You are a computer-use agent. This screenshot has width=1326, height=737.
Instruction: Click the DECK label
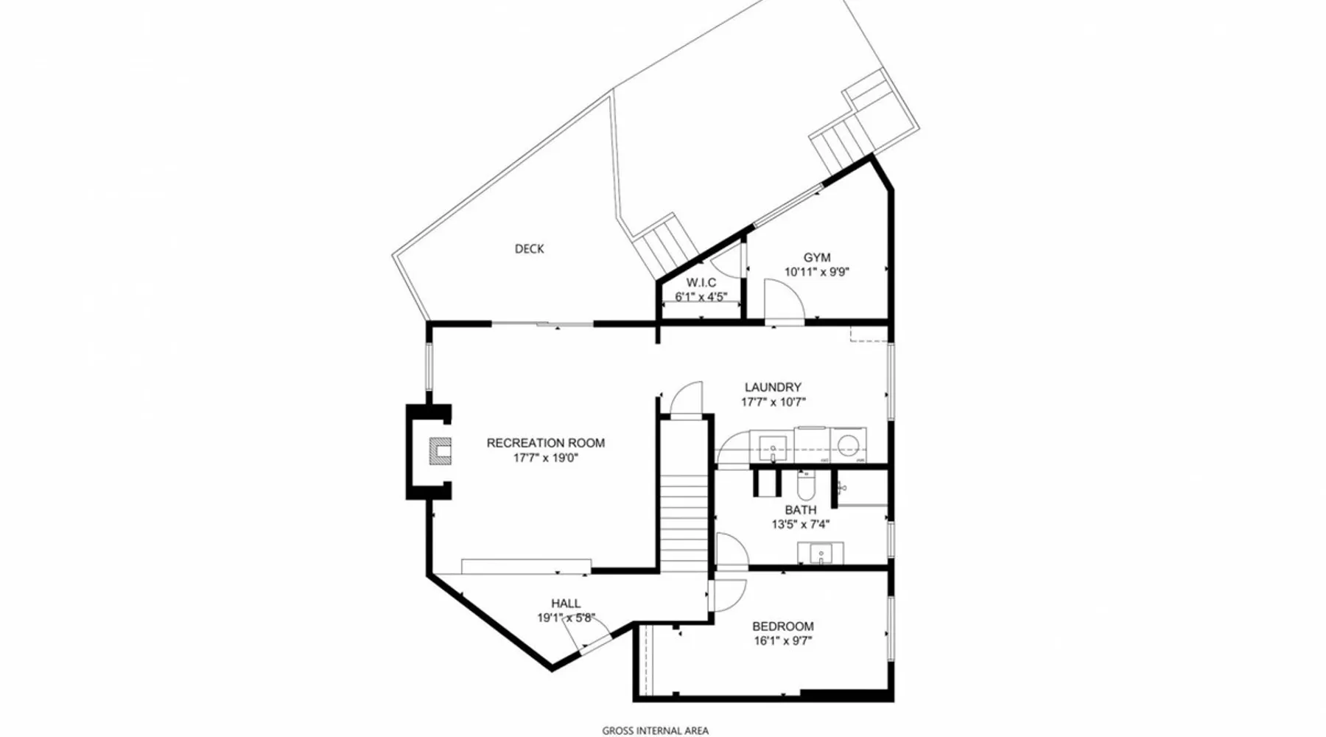click(x=529, y=249)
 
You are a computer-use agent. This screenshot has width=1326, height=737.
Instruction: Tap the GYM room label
click(x=817, y=257)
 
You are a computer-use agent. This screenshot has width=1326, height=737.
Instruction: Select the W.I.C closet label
click(x=701, y=283)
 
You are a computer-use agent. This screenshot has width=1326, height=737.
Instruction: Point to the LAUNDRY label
click(x=773, y=387)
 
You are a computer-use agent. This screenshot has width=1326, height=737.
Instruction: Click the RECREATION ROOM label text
click(x=546, y=443)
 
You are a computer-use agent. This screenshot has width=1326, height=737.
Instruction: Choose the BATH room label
click(x=801, y=510)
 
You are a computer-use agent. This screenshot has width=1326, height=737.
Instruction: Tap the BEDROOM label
click(x=783, y=626)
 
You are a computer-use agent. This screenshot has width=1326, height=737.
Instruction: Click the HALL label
click(x=566, y=604)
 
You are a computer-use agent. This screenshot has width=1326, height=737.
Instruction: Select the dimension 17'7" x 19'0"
click(x=546, y=458)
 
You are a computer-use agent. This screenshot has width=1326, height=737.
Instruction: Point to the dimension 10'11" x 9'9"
click(x=817, y=272)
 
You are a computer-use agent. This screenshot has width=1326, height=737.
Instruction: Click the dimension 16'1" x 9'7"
click(x=783, y=641)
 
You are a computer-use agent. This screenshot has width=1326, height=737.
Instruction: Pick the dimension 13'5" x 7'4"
click(x=801, y=525)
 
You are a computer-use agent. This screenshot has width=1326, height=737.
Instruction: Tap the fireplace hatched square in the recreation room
click(x=441, y=450)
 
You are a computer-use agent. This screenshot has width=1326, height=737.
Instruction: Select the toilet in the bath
click(x=806, y=484)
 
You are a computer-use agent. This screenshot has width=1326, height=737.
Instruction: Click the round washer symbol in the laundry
click(x=849, y=445)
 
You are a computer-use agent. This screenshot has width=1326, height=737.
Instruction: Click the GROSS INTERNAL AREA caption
click(x=656, y=731)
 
